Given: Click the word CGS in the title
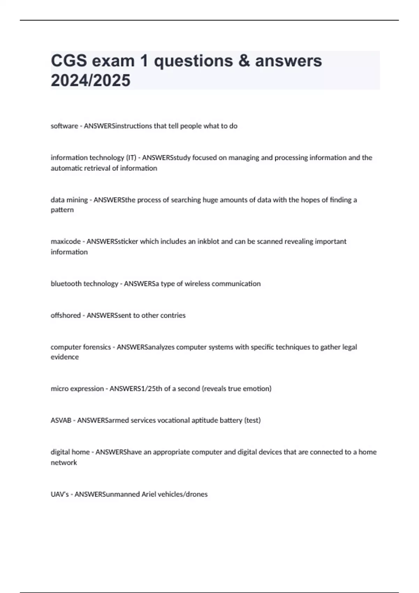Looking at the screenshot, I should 69,61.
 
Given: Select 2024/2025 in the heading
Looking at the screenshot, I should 90,80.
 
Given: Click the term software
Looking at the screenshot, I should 64,126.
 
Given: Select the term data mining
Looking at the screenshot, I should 69,200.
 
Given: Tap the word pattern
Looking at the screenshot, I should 62,210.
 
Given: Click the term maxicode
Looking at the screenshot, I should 66,241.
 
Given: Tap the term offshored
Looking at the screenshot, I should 66,315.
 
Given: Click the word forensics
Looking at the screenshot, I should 95,347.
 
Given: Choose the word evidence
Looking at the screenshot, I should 65,357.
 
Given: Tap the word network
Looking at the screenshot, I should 64,463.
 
